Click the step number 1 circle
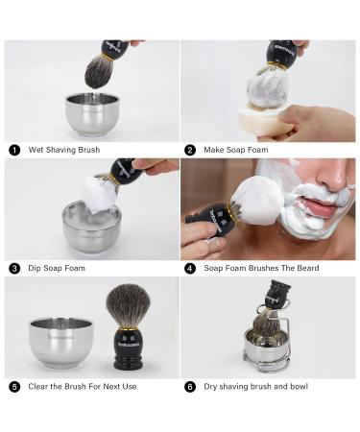point(14,150)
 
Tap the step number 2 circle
point(190,150)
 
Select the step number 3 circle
point(14,268)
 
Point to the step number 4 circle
point(190,268)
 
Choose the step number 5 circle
point(14,386)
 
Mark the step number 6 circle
point(190,386)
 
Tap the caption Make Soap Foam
point(235,150)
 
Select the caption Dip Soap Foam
point(58,268)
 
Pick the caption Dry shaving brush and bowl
point(255,386)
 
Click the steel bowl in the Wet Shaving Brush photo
point(92,115)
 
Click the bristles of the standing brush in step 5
point(127,302)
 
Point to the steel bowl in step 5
point(60,343)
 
